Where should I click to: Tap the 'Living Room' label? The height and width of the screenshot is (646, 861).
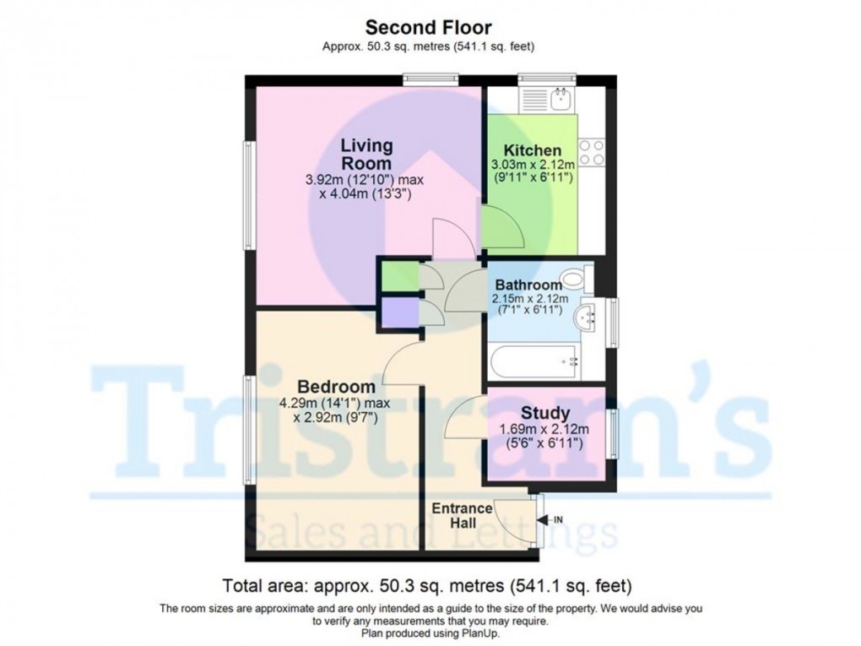[x=366, y=155]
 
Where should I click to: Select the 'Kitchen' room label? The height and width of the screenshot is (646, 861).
[x=533, y=150]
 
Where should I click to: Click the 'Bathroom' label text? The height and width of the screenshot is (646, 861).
[x=528, y=285]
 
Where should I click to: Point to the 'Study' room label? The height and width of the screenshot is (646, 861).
[x=544, y=413]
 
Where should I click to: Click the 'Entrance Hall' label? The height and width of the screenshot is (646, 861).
[x=462, y=516]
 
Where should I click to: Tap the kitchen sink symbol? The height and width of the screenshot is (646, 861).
[x=560, y=99]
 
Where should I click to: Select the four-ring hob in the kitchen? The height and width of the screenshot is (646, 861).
[x=591, y=152]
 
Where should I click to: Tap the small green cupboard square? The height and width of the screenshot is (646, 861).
[x=398, y=277]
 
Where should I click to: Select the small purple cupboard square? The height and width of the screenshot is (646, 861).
[x=398, y=312]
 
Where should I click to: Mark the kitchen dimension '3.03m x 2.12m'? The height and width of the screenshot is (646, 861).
[x=533, y=165]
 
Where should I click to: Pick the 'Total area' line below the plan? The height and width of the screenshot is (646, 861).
[x=427, y=585]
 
